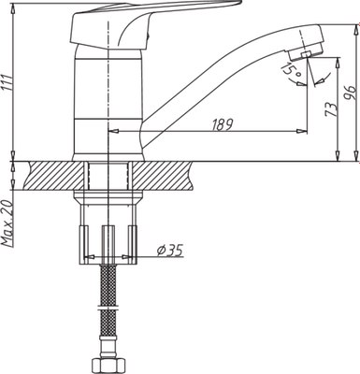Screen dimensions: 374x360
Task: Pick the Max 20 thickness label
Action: point(9,223)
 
